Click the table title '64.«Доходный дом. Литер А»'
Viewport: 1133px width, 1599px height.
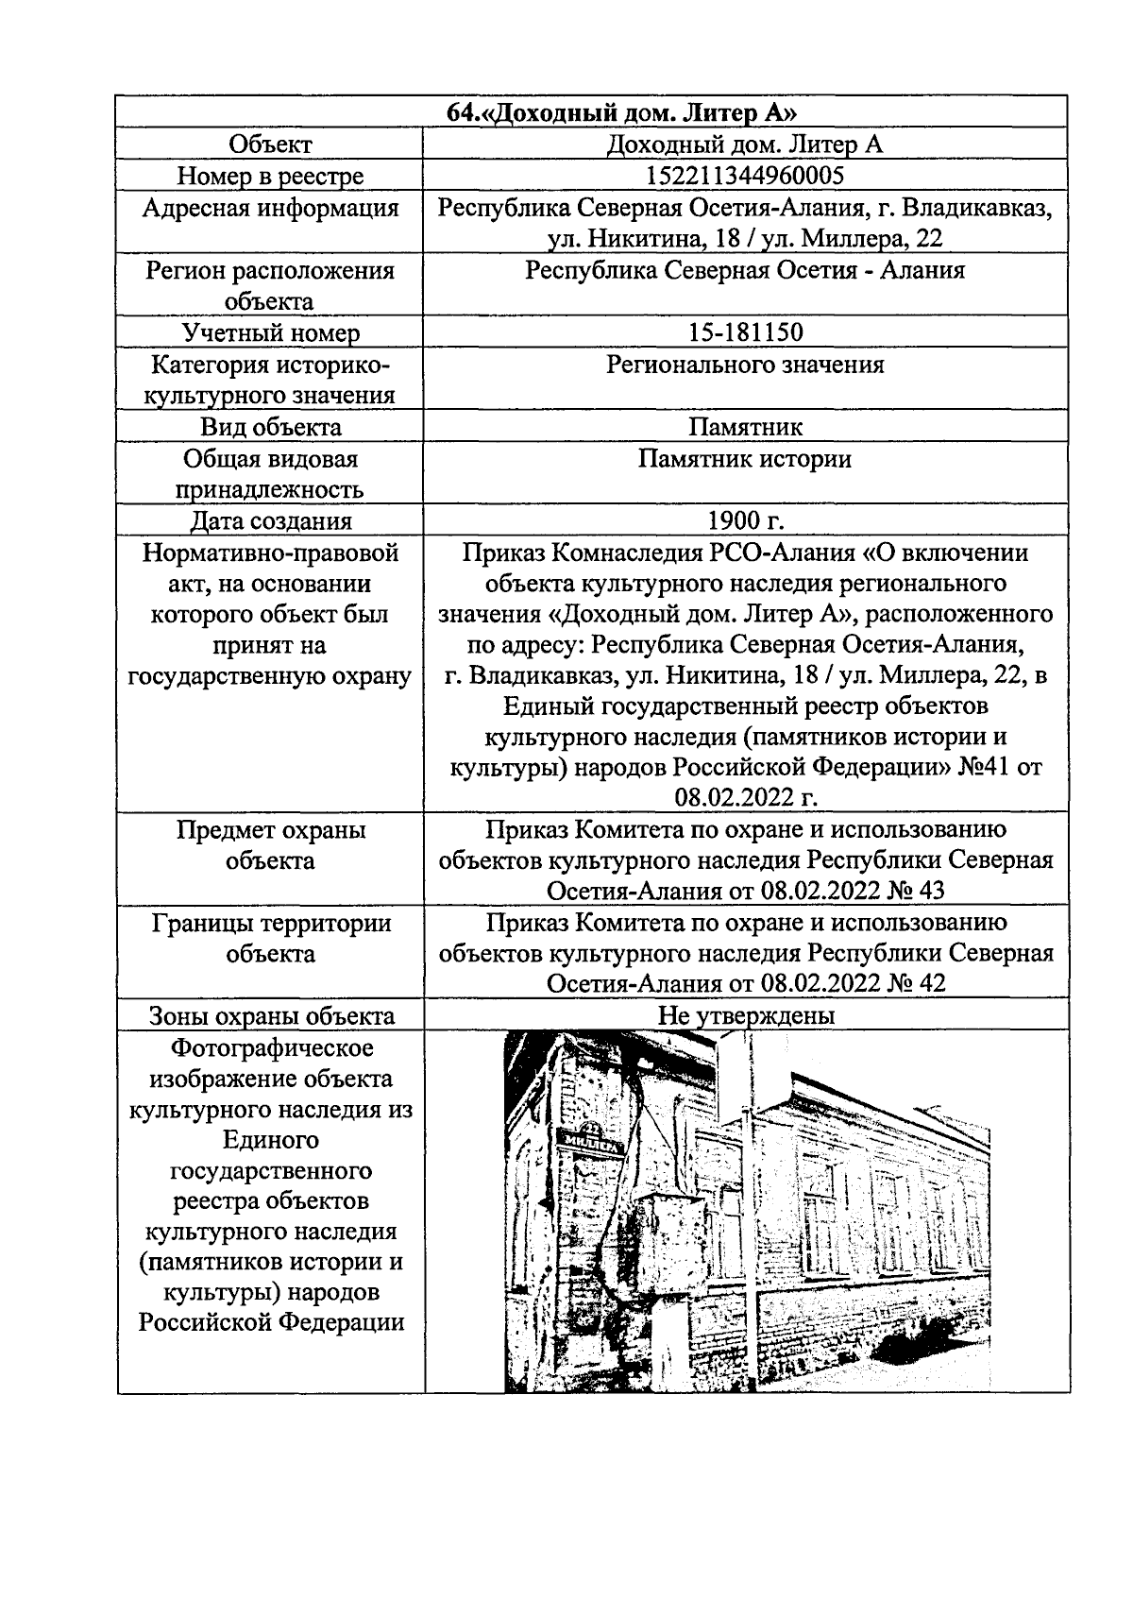623,113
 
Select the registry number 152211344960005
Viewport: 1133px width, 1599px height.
745,176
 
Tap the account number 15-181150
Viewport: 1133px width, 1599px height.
745,332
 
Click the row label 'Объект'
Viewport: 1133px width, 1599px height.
270,145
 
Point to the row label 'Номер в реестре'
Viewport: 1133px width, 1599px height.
270,176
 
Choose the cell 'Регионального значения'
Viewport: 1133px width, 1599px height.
745,365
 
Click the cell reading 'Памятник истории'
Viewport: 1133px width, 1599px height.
745,459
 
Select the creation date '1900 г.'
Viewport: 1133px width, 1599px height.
745,521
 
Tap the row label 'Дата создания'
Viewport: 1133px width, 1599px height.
270,521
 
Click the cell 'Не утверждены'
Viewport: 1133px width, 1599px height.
745,1016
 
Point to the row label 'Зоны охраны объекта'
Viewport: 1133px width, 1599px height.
270,1016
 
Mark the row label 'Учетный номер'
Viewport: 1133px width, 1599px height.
270,332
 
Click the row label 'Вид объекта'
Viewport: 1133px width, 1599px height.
270,427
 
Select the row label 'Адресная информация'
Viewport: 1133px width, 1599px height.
270,208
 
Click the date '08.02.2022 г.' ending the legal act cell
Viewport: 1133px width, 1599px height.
745,798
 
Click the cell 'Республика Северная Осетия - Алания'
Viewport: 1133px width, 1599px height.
745,271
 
